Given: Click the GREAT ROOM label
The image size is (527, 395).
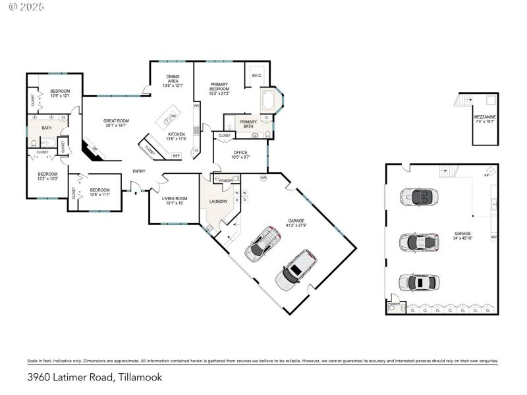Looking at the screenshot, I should [x=116, y=120].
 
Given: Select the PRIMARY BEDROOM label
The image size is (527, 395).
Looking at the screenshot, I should [x=219, y=84].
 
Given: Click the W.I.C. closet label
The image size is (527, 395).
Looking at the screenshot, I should [x=257, y=76].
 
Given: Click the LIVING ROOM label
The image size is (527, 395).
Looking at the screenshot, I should [x=174, y=198].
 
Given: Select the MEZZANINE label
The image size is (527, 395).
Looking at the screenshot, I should [x=485, y=117].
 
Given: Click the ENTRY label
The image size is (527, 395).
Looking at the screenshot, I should [x=139, y=171].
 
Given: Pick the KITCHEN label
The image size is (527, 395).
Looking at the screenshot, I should [x=176, y=134].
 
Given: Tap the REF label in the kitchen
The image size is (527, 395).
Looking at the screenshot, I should [x=176, y=156].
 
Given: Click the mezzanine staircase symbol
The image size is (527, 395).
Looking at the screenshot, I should [x=463, y=100].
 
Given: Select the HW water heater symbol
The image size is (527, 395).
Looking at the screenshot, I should [x=263, y=178].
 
